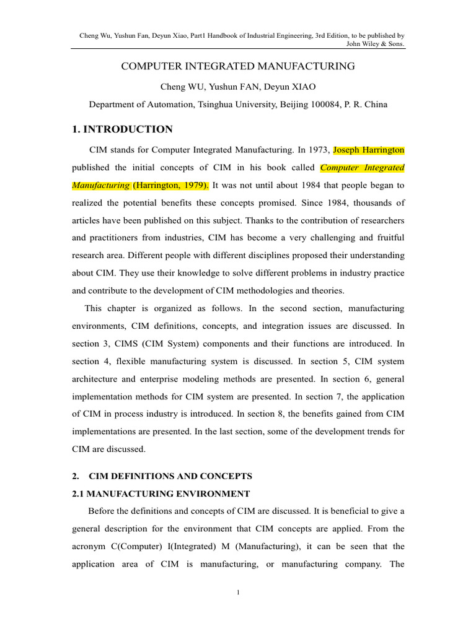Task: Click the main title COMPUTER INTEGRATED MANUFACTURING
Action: tap(238, 66)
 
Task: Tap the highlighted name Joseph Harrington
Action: tap(369, 150)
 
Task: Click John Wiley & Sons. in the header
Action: tap(379, 44)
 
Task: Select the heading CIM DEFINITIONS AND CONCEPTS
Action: tap(171, 476)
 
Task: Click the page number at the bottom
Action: tap(238, 593)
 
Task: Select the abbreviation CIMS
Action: tap(128, 343)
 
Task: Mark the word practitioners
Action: tap(116, 238)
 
